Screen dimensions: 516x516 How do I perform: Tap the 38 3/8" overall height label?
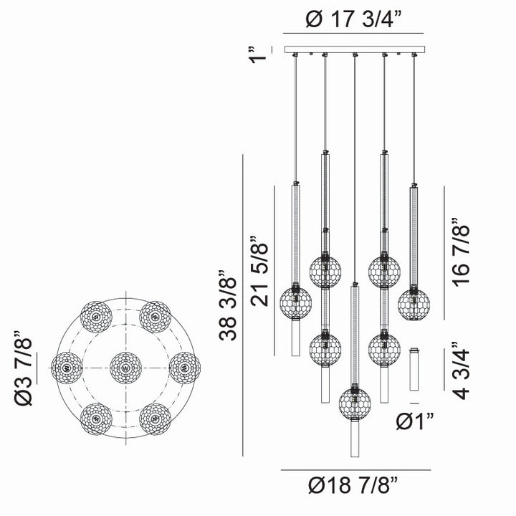tap(227, 307)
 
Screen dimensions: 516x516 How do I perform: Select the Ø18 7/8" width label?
tap(355, 487)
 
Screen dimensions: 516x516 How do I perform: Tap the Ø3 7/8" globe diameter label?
tap(26, 368)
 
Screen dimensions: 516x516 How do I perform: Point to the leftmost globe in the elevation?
tap(295, 304)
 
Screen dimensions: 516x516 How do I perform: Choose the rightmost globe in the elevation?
tap(414, 304)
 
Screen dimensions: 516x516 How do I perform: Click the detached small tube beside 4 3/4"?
tap(414, 370)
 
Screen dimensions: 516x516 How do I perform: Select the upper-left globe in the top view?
tap(97, 316)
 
